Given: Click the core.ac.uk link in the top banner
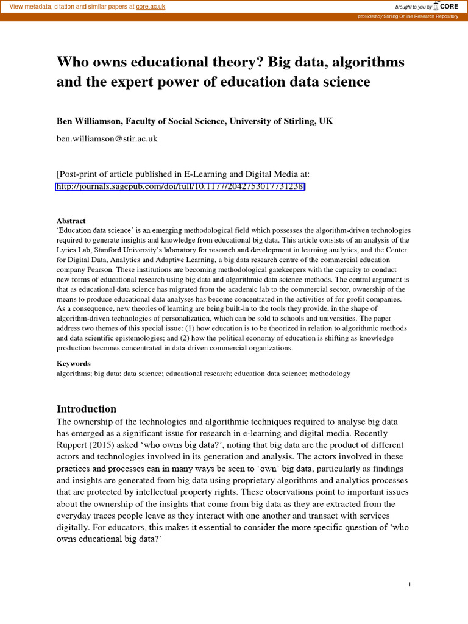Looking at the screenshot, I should [x=151, y=6].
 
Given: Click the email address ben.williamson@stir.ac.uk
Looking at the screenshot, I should [x=107, y=138].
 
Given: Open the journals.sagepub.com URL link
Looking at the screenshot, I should [x=180, y=186].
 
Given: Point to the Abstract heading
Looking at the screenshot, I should [x=71, y=221].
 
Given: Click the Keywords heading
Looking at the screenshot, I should [x=74, y=364].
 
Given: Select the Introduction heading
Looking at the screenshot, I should [x=87, y=409].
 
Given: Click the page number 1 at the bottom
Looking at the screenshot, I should [x=410, y=585].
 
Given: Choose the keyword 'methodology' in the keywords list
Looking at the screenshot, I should [x=330, y=374].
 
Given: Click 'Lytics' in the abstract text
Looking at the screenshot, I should [x=66, y=250].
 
